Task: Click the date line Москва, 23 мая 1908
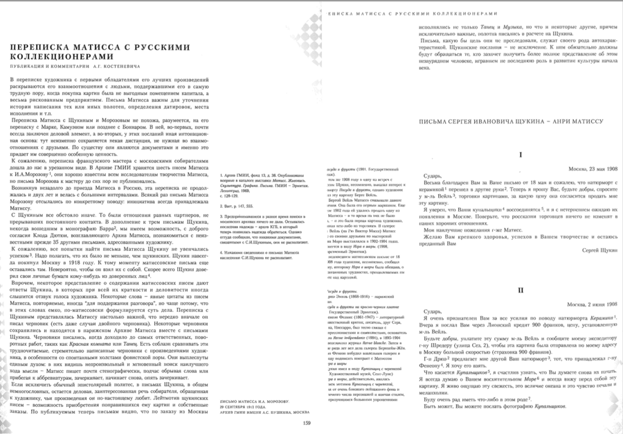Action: click(588, 169)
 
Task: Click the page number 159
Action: click(307, 424)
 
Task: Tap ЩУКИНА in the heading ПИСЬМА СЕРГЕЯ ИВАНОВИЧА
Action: click(521, 121)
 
